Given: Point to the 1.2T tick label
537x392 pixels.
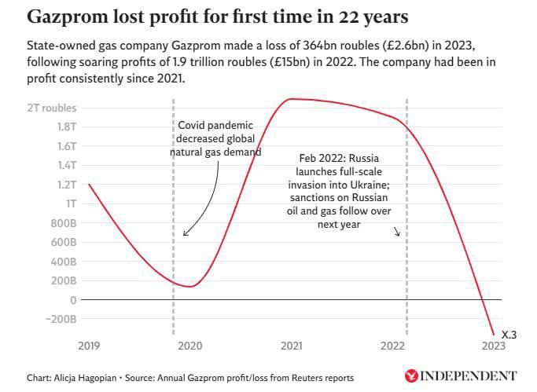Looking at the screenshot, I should coord(65,185).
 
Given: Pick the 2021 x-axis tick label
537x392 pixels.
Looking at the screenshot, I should coord(292,346).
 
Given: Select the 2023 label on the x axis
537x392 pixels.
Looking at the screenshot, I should coord(493,346).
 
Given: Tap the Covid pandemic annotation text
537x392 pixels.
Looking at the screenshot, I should coord(215,138).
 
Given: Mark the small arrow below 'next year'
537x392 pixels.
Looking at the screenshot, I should coord(398,231).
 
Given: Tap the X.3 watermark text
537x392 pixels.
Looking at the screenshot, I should coord(509,335).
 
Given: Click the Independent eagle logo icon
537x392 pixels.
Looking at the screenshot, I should coord(410,376).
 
